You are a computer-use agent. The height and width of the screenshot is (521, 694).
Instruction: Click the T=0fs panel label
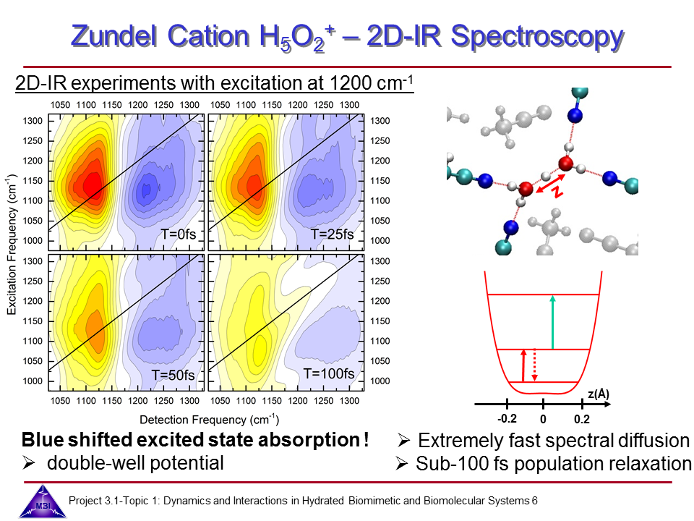coord(181,234)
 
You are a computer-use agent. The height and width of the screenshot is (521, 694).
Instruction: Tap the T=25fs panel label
coord(333,234)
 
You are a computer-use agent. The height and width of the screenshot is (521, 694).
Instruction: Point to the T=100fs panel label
coord(329,373)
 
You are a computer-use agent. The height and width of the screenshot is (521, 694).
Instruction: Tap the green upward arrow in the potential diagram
coord(553,322)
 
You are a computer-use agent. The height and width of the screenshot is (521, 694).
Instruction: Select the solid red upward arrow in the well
coord(523,365)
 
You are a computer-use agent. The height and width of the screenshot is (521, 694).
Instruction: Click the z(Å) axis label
coord(598,394)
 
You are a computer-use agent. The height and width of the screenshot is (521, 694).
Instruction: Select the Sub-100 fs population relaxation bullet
coord(544,464)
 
